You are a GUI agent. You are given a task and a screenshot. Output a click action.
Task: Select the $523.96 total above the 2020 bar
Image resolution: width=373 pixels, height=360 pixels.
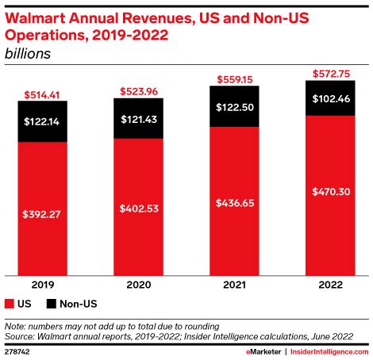coord(137,90)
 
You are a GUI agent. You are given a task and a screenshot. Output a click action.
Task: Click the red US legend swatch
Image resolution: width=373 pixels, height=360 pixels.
coord(10,304)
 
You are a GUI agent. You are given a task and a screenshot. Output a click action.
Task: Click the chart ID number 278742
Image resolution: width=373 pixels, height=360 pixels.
coord(17,350)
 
